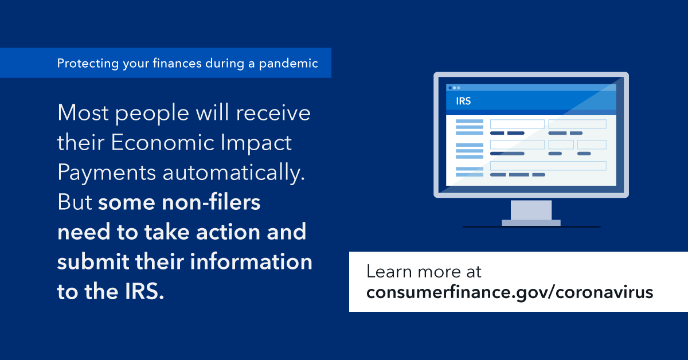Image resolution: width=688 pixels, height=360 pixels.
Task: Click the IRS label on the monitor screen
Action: point(463,101)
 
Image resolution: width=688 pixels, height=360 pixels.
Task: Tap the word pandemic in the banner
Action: point(288,64)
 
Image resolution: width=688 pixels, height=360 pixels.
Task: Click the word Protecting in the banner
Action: point(88,64)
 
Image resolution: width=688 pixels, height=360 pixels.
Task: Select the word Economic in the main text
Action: point(162,143)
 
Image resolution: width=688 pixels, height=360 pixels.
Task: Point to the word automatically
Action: point(234,173)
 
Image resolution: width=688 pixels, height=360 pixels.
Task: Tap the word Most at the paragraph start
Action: point(83,113)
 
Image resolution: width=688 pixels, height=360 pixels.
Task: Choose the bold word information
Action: point(251,261)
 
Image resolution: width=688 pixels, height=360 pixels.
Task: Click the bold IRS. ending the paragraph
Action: point(144,291)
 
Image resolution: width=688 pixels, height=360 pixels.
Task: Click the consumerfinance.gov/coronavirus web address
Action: point(510,292)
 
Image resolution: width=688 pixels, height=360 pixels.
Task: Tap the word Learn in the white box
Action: point(389,272)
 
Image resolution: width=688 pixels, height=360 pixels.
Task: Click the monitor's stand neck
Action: point(531,210)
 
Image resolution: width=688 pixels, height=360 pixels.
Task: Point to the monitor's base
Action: point(531,222)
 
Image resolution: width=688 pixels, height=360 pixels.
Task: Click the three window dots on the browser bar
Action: point(454,88)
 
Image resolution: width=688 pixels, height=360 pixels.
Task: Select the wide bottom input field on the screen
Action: point(548,166)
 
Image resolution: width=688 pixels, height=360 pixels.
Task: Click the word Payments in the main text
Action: point(107,173)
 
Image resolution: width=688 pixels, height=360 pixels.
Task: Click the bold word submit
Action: point(93,261)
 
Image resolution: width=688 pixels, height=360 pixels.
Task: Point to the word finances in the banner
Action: point(177,63)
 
